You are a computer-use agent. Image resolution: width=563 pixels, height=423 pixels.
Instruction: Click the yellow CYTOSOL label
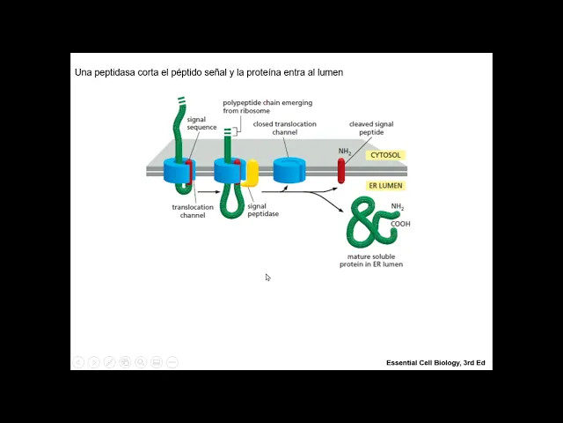coord(384,155)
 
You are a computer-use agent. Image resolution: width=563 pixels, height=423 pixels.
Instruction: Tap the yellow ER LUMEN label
coord(384,186)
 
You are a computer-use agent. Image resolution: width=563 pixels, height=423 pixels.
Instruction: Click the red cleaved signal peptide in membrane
coord(341,170)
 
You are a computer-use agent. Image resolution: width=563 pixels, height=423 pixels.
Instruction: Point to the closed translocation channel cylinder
coord(288,170)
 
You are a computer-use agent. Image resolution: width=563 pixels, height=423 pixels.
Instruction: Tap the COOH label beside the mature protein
coord(401,224)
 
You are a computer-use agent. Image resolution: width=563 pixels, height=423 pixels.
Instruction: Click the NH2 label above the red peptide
coord(345,152)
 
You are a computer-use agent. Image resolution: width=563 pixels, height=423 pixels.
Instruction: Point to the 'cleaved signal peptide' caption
coord(371,128)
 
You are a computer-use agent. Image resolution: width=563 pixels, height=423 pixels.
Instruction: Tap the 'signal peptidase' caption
coord(263,210)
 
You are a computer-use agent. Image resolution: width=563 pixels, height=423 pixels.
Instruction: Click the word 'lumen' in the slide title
coord(329,71)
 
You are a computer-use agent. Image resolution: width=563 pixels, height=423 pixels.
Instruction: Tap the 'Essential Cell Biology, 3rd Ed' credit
coord(435,363)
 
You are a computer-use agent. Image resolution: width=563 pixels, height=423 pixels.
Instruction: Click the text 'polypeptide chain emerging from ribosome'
coord(267,107)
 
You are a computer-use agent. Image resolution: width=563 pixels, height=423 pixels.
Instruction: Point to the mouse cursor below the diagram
coord(267,278)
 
